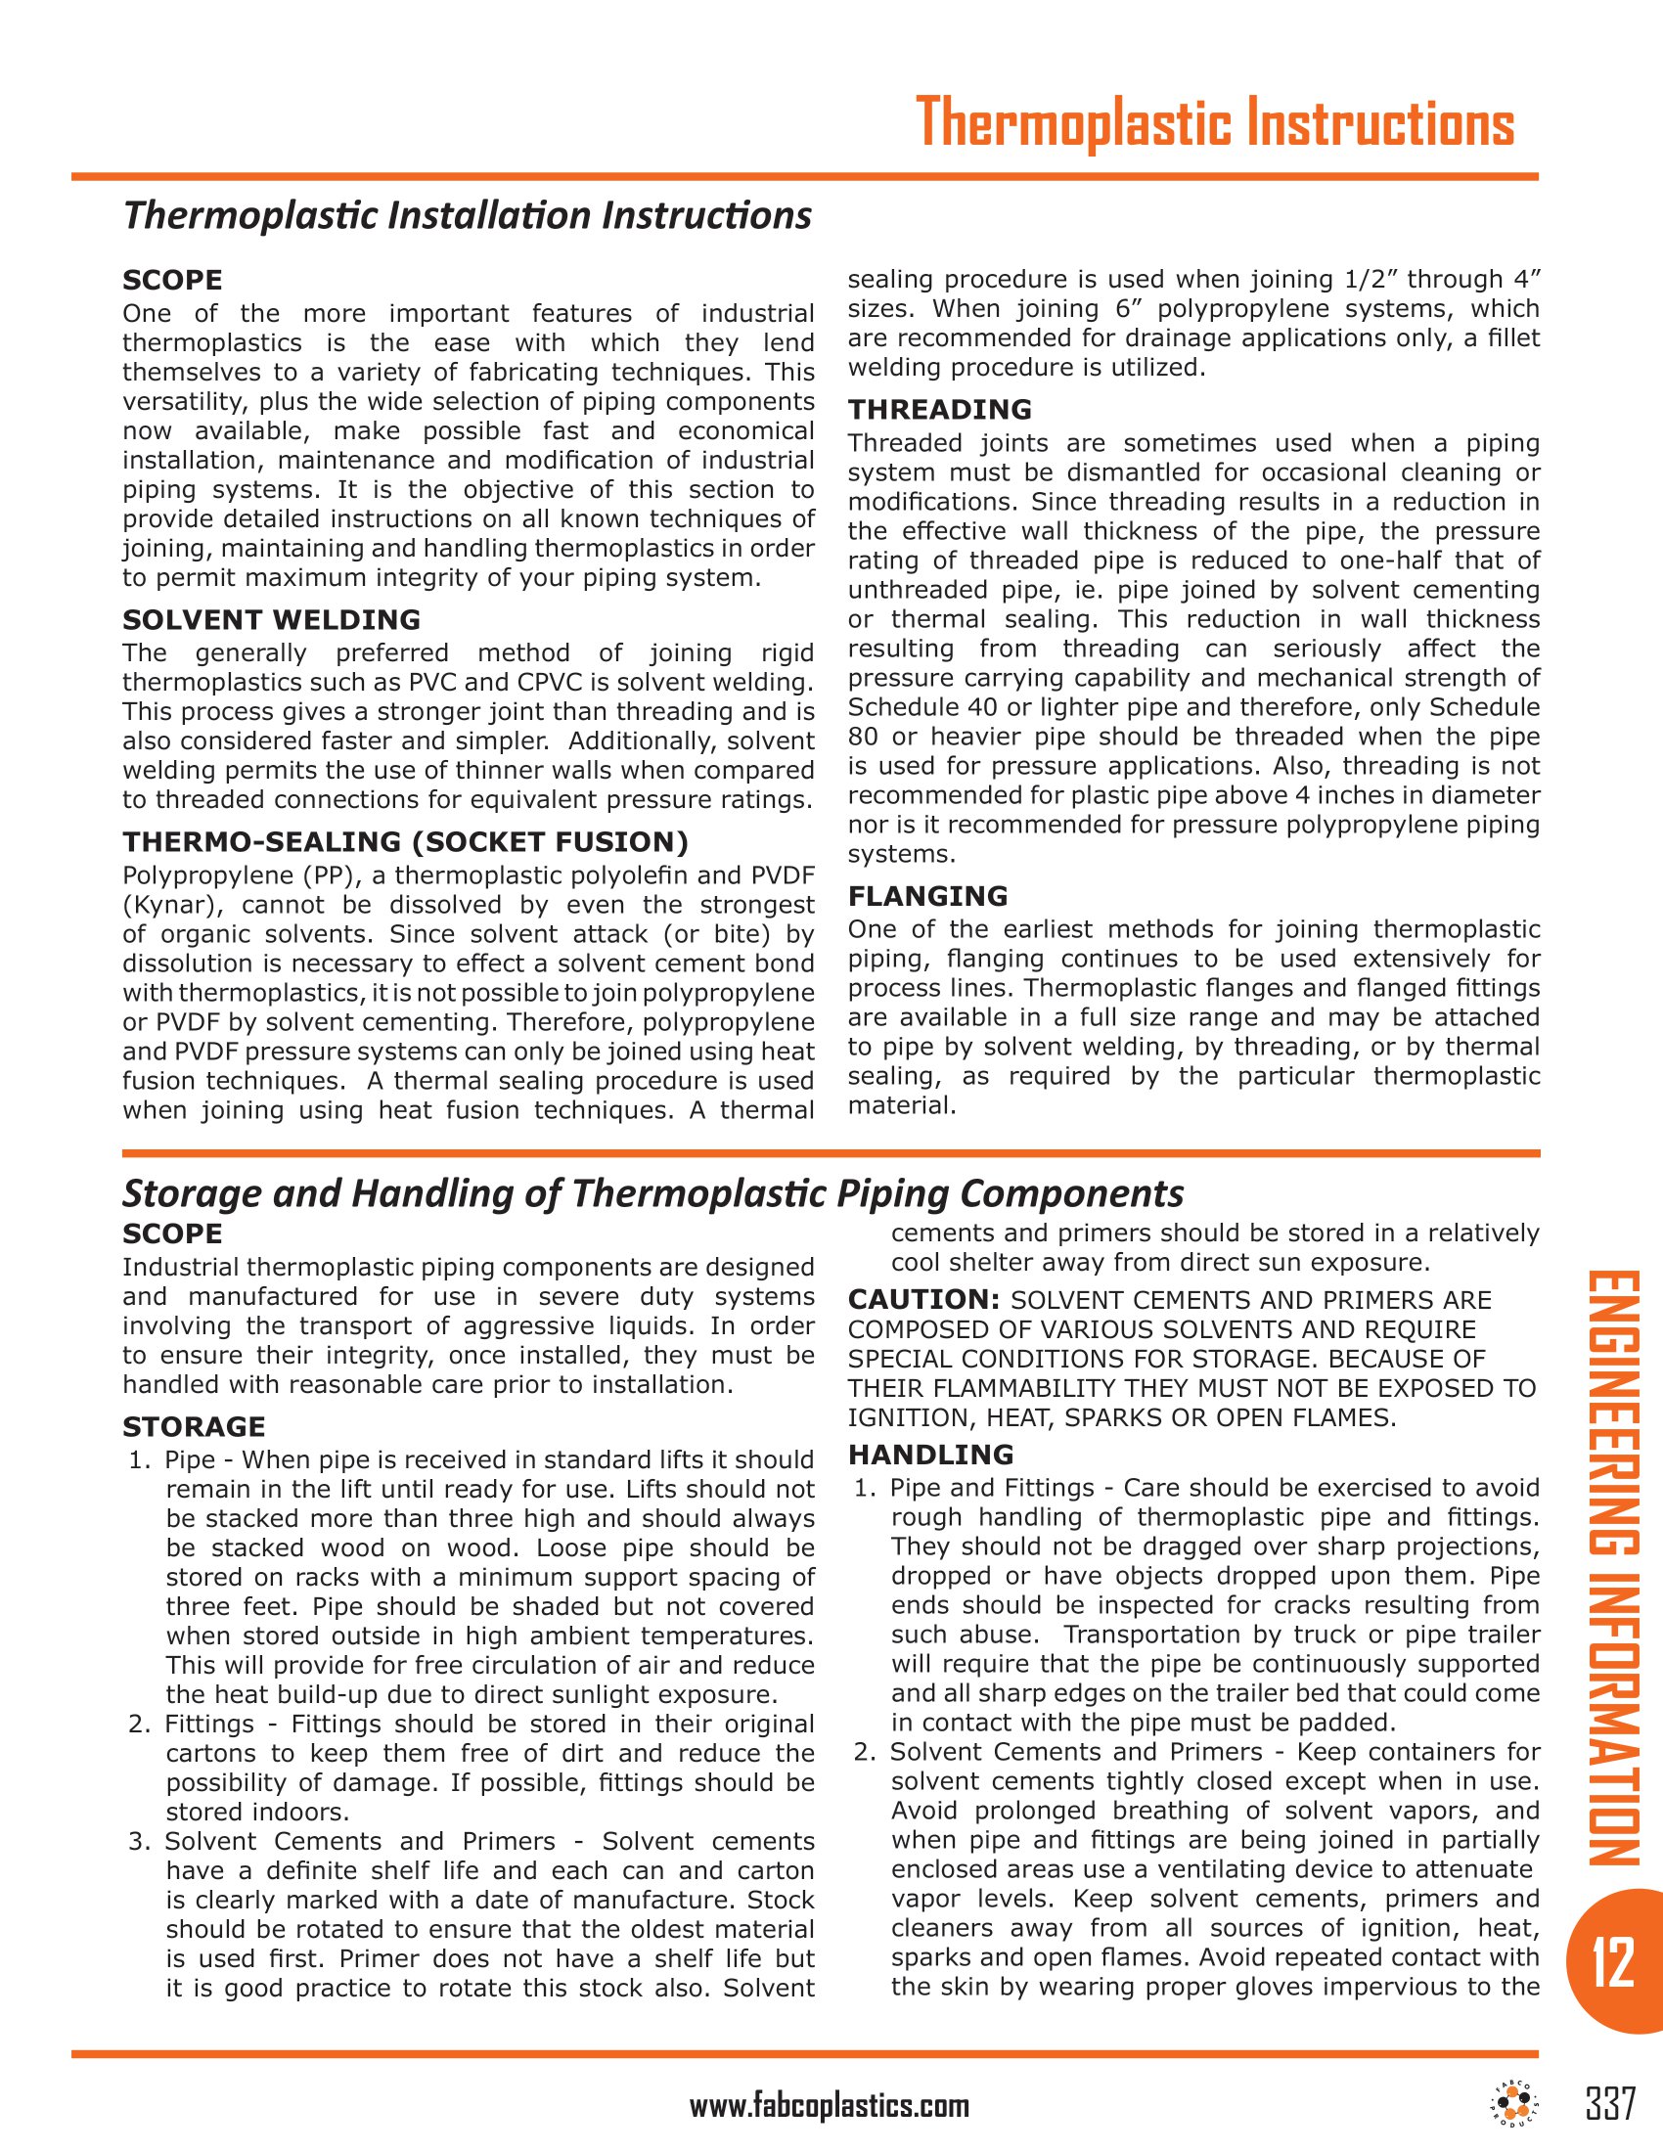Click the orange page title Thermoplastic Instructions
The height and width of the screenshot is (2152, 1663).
click(x=1214, y=124)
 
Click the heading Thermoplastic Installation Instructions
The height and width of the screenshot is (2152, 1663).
click(x=467, y=215)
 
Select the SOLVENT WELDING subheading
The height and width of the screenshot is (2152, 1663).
click(x=271, y=620)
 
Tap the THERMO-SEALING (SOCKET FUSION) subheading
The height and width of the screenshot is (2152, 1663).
click(x=405, y=841)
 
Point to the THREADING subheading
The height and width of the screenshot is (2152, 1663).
click(x=940, y=409)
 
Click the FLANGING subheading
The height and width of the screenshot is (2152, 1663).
click(x=928, y=896)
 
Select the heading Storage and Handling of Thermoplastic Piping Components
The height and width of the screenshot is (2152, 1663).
click(x=652, y=1193)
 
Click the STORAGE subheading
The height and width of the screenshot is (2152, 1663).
click(x=194, y=1427)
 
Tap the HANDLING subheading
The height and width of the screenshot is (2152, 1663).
click(x=931, y=1455)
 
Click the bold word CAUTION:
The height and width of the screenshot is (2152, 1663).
click(x=924, y=1300)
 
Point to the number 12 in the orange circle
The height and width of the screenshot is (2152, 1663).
click(x=1613, y=1962)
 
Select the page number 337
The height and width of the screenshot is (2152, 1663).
click(x=1611, y=2104)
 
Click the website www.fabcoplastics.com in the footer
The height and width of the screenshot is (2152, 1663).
click(x=829, y=2106)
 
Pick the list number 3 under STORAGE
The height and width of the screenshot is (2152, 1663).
click(x=137, y=1842)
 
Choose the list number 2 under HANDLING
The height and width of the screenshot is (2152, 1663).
click(x=863, y=1752)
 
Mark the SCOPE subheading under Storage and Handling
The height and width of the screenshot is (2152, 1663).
click(x=172, y=1233)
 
